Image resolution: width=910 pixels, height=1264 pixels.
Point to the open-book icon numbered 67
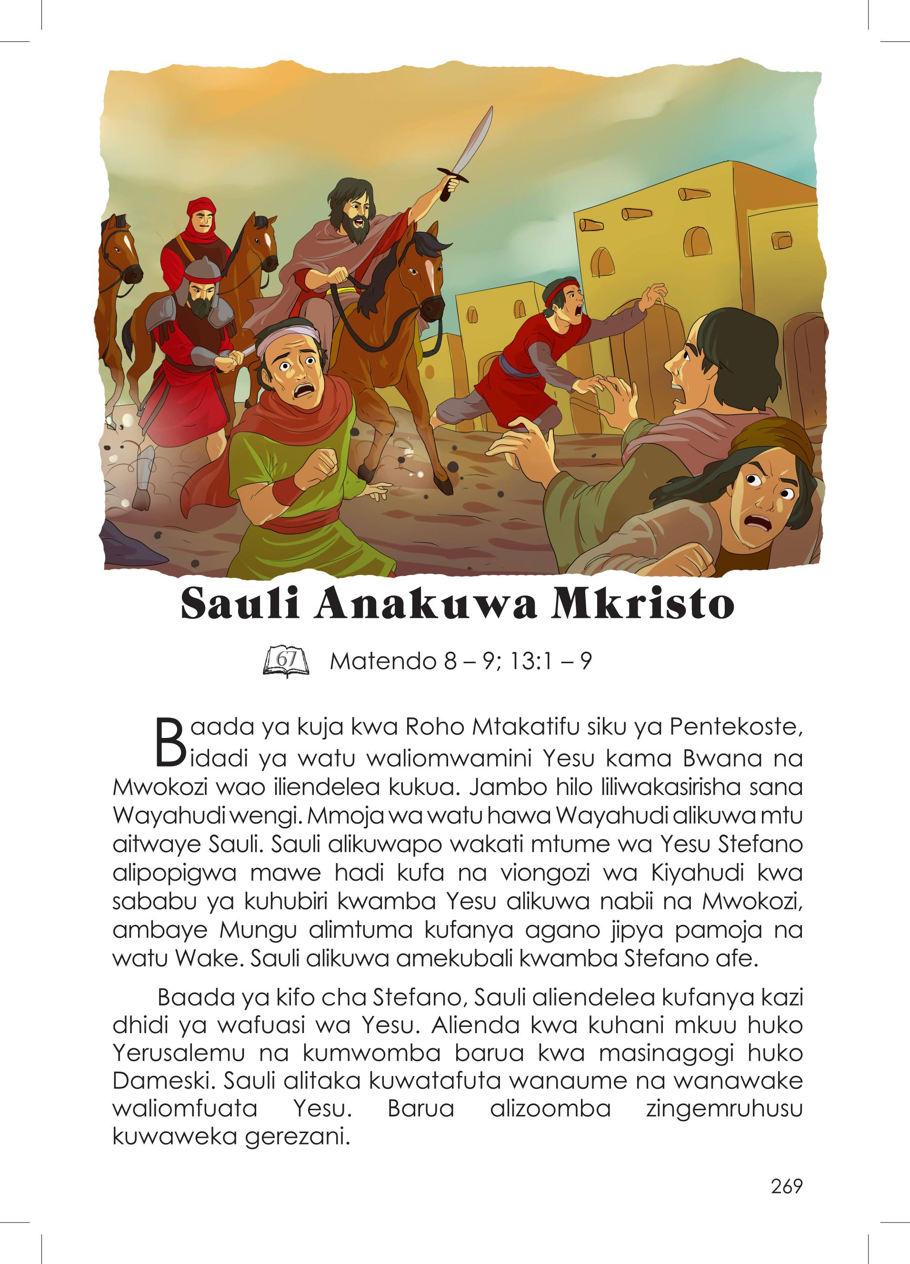click(286, 662)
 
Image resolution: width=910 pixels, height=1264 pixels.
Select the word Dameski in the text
click(163, 1081)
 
